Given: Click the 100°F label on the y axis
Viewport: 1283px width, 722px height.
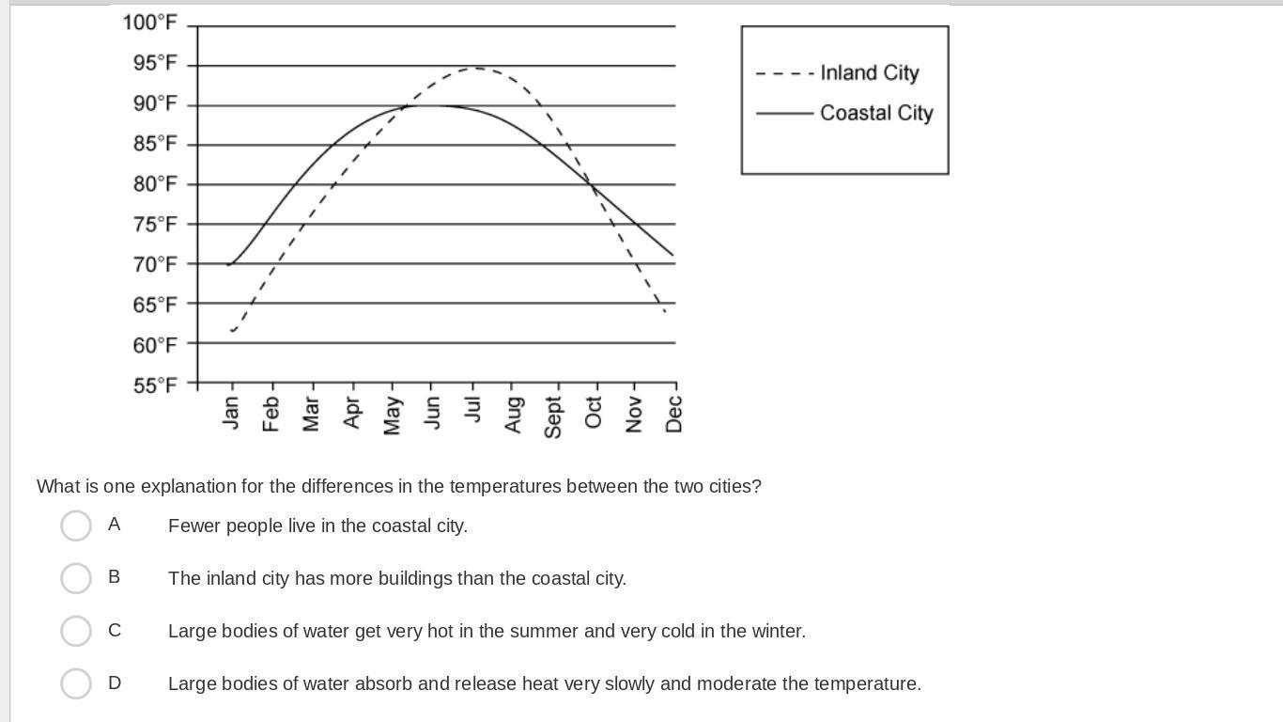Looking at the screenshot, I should pyautogui.click(x=149, y=23).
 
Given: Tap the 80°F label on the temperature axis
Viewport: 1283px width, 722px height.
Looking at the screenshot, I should pyautogui.click(x=154, y=184).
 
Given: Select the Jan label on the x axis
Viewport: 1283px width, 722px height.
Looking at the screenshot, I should pyautogui.click(x=231, y=413).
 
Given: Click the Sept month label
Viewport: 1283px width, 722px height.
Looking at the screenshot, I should pyautogui.click(x=553, y=416).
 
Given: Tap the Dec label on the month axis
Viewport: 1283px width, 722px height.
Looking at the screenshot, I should pyautogui.click(x=673, y=414).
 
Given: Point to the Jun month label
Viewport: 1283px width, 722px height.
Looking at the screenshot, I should pyautogui.click(x=432, y=413).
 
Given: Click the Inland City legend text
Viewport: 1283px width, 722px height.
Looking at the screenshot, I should pyautogui.click(x=869, y=73).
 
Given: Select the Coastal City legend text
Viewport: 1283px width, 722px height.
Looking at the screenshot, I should pyautogui.click(x=876, y=113).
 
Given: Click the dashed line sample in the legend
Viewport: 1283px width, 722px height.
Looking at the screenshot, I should pyautogui.click(x=783, y=73).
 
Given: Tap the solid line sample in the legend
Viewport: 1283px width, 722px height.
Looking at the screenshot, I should pyautogui.click(x=783, y=114).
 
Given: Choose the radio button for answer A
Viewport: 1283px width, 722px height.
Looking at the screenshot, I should pyautogui.click(x=76, y=526).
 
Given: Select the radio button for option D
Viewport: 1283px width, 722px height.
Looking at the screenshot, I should pyautogui.click(x=76, y=683).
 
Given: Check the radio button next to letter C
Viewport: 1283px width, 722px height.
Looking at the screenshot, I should pyautogui.click(x=76, y=631).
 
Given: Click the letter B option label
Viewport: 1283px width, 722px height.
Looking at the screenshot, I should pyautogui.click(x=115, y=577).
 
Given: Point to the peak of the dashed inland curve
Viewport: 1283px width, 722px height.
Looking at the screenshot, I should pyautogui.click(x=476, y=68).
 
